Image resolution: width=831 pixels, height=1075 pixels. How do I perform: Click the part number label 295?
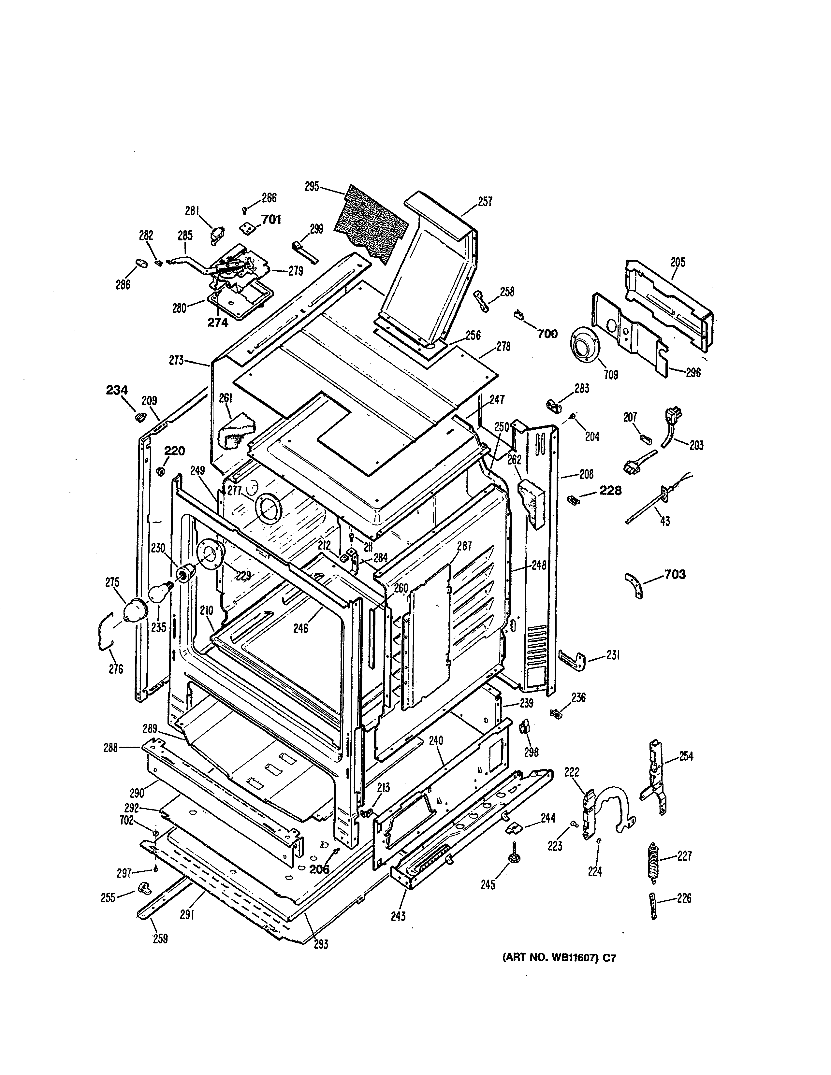[x=312, y=187]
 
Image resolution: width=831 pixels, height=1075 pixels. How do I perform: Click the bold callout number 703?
[x=675, y=574]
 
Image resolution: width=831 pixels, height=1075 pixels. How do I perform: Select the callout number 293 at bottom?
[x=320, y=945]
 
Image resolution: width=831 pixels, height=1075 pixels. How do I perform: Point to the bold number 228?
[x=610, y=490]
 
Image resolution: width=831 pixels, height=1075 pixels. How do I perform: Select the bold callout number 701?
[x=271, y=220]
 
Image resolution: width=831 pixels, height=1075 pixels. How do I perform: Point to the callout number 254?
[x=686, y=756]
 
